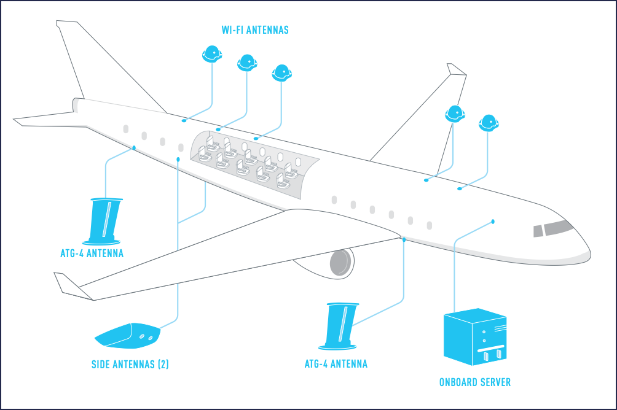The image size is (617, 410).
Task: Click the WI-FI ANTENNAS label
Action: [x=255, y=29]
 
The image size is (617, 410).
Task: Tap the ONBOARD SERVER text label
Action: [x=474, y=382]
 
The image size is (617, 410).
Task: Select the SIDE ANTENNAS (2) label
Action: [x=130, y=364]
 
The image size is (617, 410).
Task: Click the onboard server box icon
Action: [x=475, y=338]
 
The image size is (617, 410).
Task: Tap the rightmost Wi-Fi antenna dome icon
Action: [x=489, y=122]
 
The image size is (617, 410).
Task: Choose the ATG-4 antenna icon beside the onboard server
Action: [x=342, y=325]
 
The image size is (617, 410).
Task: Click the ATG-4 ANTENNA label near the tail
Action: [x=92, y=253]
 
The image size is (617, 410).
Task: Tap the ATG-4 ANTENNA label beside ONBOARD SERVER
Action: [x=336, y=364]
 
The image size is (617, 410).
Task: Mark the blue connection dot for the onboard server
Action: [x=493, y=221]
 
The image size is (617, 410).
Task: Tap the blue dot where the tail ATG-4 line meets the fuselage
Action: [x=134, y=148]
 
